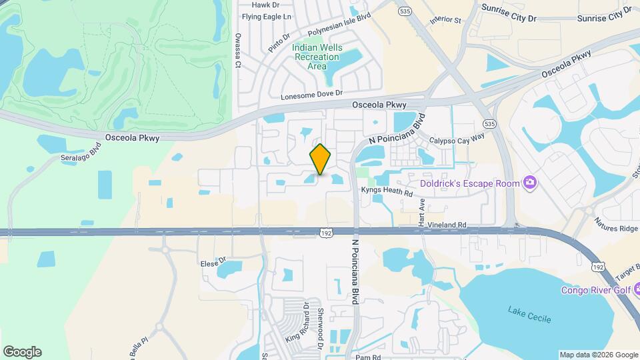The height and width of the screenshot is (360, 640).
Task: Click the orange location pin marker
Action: click(x=321, y=159)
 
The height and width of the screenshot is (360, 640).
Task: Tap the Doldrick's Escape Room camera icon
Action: click(x=531, y=182)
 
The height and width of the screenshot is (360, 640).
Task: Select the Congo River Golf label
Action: click(x=595, y=290)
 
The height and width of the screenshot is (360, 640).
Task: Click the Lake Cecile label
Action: click(x=529, y=314)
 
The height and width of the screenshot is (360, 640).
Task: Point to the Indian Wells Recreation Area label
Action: click(x=316, y=57)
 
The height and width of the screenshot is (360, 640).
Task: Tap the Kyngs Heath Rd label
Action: click(x=387, y=191)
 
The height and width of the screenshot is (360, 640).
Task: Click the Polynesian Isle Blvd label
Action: click(x=339, y=26)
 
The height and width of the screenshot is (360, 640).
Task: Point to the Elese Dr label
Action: click(x=214, y=263)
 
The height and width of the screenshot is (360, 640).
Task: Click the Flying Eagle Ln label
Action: click(x=267, y=17)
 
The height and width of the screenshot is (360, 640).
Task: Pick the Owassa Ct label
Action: click(x=237, y=51)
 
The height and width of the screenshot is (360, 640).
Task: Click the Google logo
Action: click(x=22, y=352)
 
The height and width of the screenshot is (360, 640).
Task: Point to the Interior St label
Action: click(x=445, y=20)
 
